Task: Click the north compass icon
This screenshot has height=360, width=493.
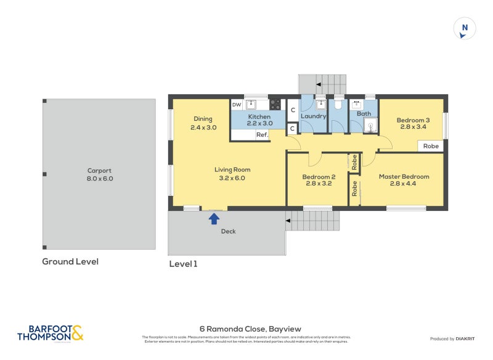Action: click(465, 28)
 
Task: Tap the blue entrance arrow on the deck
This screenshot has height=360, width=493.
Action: click(214, 218)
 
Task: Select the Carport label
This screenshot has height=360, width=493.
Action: click(100, 171)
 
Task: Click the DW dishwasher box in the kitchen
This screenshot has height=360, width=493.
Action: click(237, 105)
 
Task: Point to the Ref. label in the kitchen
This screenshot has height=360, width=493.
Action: click(261, 134)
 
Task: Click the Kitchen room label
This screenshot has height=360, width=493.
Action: click(259, 117)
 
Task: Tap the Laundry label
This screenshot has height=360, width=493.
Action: click(313, 116)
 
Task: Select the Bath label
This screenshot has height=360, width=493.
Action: click(364, 113)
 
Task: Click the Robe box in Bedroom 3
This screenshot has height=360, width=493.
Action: click(431, 146)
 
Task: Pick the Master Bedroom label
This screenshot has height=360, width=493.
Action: click(404, 176)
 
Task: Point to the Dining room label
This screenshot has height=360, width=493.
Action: click(203, 119)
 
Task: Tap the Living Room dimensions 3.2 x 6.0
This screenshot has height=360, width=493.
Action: click(232, 178)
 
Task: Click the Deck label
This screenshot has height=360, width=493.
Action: click(228, 232)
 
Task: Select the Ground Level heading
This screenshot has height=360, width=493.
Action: click(70, 261)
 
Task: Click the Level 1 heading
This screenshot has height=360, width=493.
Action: click(183, 264)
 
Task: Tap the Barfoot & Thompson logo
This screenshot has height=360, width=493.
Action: click(51, 333)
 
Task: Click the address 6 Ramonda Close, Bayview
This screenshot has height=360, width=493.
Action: click(250, 329)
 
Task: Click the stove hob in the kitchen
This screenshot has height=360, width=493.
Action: click(275, 105)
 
